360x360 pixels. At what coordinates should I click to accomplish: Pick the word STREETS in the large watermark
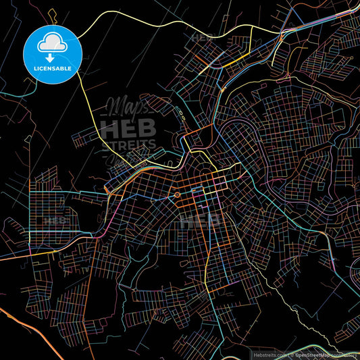[128, 143]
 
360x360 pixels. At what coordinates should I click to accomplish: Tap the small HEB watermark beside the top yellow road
[201, 38]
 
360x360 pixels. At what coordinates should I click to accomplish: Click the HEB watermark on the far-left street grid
[55, 220]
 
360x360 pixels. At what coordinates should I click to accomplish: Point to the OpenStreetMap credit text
[317, 353]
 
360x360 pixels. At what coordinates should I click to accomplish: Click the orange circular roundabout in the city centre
[177, 195]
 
